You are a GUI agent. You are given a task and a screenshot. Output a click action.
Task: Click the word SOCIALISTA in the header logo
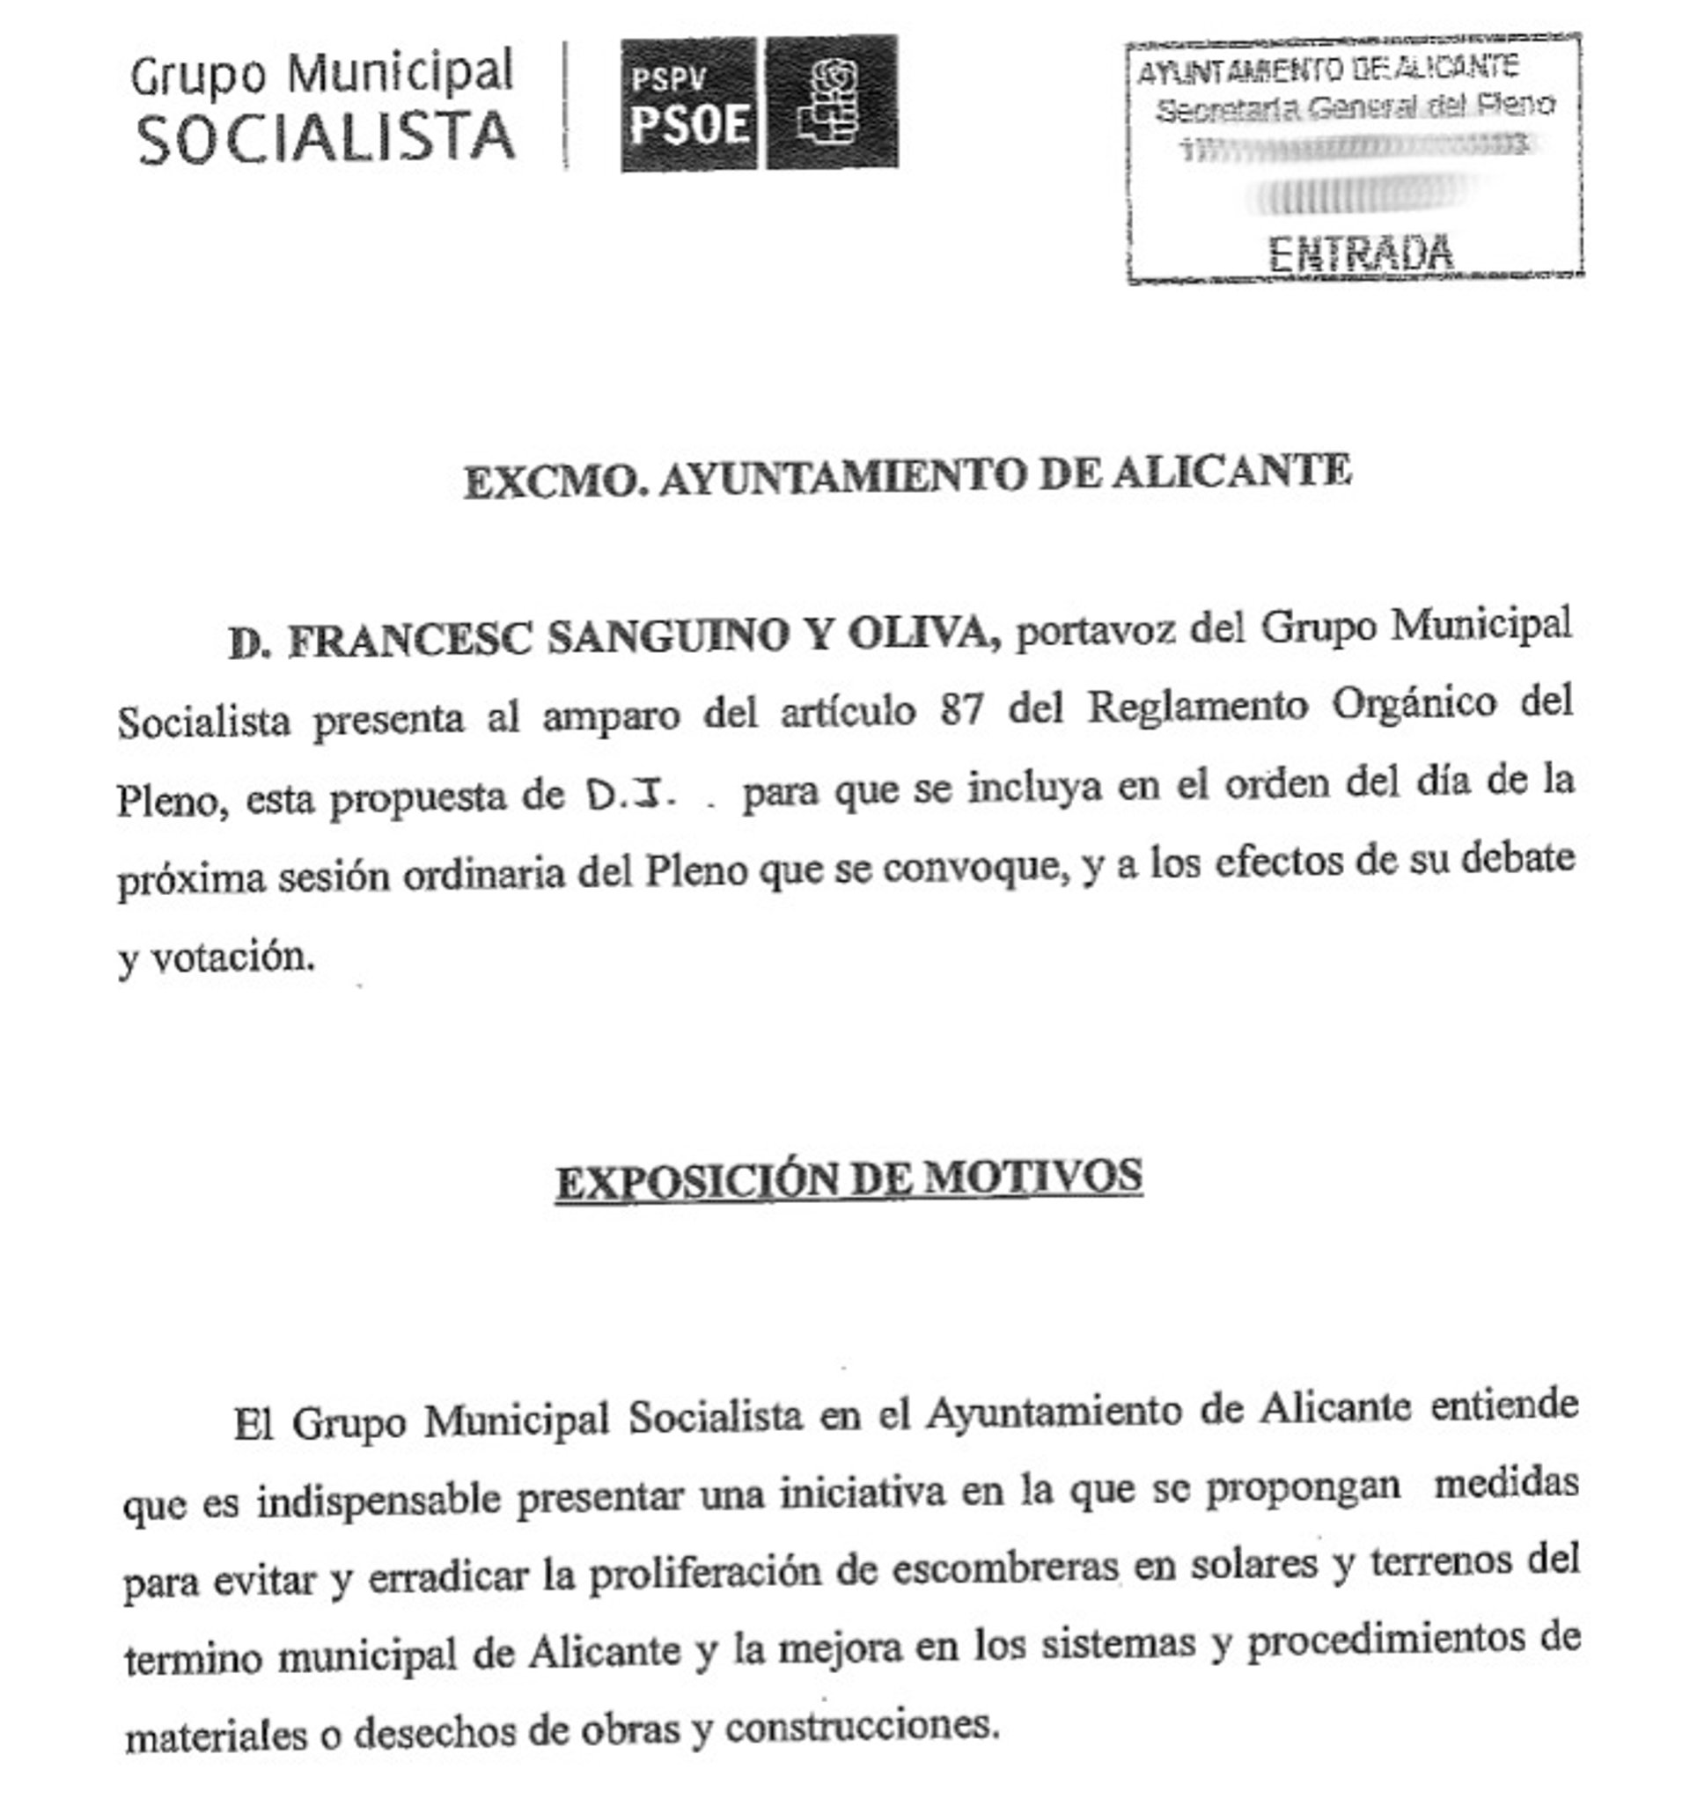coord(326,136)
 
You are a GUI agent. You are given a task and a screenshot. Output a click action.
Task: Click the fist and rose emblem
coord(828,102)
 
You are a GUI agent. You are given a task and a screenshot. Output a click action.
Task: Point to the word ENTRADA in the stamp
coord(1360,253)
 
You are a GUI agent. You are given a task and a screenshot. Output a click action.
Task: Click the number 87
coord(960,708)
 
